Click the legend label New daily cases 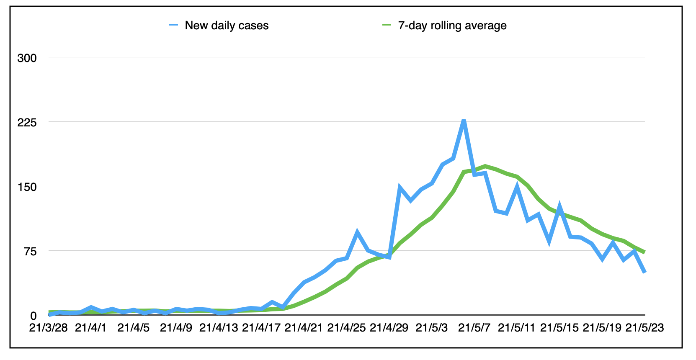[227, 26]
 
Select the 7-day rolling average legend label [452, 26]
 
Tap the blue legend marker [173, 25]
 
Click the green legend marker [387, 25]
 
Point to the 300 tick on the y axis [27, 58]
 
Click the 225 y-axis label [27, 123]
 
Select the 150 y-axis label [27, 187]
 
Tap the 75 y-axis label [30, 252]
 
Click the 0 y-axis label [34, 316]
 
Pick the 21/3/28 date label [49, 328]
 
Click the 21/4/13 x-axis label [219, 328]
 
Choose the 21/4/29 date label [389, 328]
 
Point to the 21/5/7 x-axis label [474, 328]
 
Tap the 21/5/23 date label [644, 328]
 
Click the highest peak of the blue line [464, 121]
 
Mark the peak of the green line [485, 166]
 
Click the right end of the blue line [644, 273]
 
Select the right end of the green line [644, 252]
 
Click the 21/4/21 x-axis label [304, 328]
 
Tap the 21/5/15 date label [559, 328]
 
